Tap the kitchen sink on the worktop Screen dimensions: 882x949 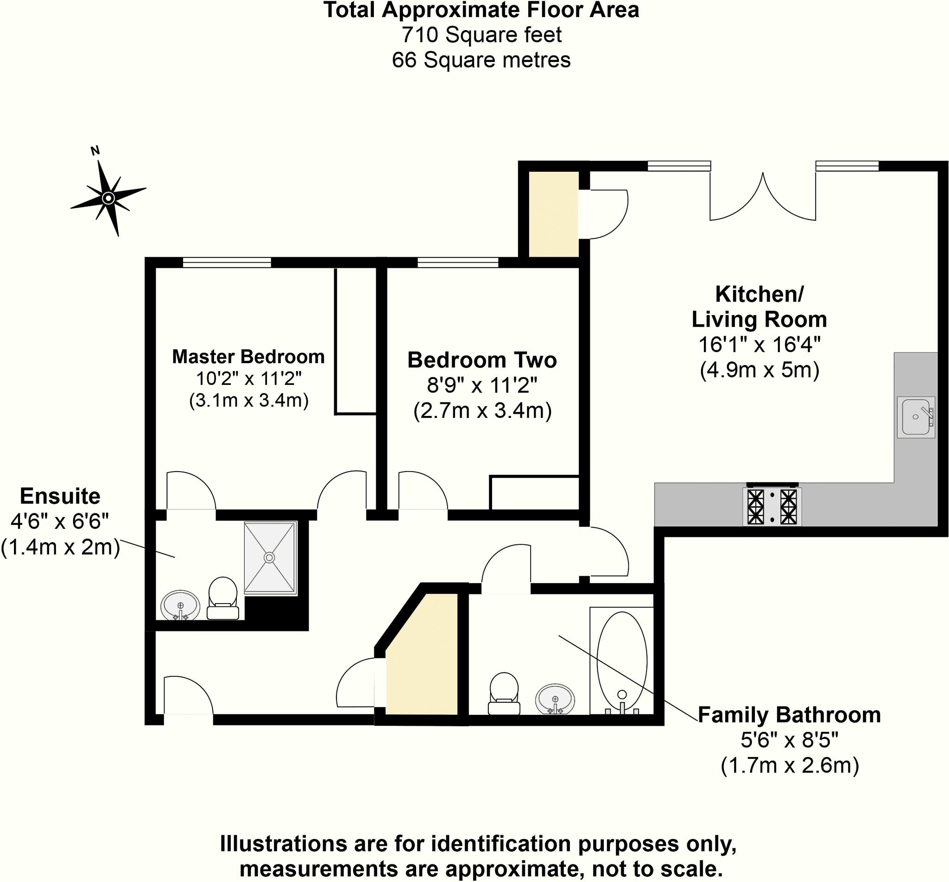click(x=915, y=416)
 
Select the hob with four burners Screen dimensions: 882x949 click(x=772, y=506)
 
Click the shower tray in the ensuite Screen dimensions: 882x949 click(x=270, y=557)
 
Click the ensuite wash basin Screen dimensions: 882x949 click(x=180, y=605)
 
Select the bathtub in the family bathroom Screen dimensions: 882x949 click(x=621, y=661)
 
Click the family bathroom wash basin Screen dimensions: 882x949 click(x=555, y=699)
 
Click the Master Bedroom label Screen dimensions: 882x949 click(x=248, y=357)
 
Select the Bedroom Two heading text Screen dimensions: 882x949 click(x=481, y=360)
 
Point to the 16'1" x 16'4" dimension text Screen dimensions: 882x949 click(x=759, y=345)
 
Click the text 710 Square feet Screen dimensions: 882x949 click(x=481, y=35)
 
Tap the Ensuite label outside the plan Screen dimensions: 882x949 click(x=60, y=497)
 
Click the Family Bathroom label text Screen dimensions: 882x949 click(x=789, y=715)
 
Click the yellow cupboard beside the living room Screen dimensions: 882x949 click(x=554, y=214)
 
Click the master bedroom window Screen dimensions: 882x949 click(x=227, y=262)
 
